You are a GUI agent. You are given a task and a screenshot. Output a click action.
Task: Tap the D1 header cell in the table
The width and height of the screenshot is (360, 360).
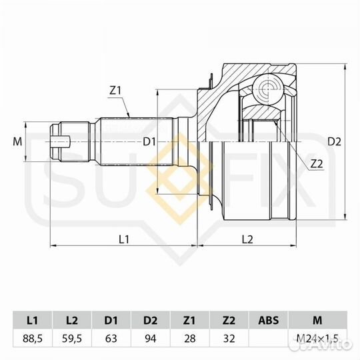tap(112, 319)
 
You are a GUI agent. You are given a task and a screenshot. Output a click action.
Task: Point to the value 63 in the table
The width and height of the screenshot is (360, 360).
tap(112, 338)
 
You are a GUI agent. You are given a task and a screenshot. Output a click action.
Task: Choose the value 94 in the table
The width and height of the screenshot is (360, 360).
tap(151, 338)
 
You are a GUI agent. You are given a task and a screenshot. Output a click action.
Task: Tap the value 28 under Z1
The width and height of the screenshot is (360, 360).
tap(190, 338)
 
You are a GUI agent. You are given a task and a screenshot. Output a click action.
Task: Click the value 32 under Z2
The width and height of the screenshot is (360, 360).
tap(229, 338)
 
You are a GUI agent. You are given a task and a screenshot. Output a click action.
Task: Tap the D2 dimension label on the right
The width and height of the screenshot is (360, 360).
tap(334, 141)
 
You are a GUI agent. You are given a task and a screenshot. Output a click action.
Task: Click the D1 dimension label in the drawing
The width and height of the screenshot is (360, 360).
tap(149, 141)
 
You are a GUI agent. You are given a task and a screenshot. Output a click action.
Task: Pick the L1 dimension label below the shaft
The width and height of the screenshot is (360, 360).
tap(123, 238)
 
